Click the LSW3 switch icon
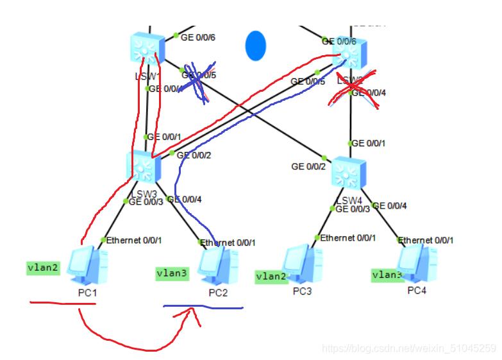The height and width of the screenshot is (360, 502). [145, 167]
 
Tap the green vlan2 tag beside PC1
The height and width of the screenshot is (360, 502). [44, 268]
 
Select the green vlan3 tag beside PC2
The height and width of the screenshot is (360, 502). [172, 273]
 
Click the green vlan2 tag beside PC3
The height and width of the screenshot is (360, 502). [271, 277]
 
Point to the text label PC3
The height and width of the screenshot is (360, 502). [302, 290]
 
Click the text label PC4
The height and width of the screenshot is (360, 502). [417, 291]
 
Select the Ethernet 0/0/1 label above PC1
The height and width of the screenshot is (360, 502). [134, 240]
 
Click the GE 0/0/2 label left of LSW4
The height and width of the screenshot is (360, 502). [308, 166]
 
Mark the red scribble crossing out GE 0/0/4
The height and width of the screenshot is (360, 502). [351, 90]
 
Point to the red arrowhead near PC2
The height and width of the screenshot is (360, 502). [191, 313]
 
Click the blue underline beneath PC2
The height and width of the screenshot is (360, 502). [203, 307]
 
